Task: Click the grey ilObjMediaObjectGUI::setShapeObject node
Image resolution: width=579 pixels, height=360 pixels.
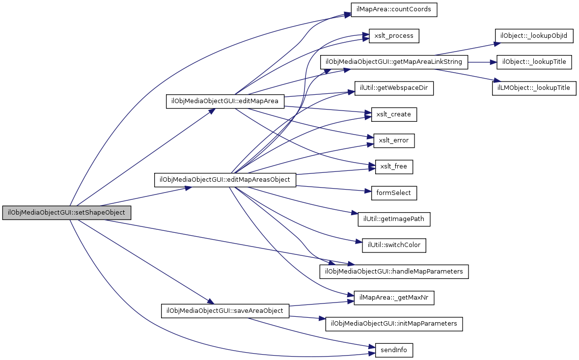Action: tap(67, 213)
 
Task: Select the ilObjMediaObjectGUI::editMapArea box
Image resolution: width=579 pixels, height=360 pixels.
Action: tap(225, 101)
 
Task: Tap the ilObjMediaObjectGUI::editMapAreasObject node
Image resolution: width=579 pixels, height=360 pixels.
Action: tap(225, 180)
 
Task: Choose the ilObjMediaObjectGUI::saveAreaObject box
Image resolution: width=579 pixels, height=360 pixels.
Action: tap(225, 310)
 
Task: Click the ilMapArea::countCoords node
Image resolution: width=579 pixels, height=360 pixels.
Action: tap(394, 10)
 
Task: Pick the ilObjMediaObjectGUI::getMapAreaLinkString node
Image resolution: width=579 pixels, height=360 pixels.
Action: tap(394, 62)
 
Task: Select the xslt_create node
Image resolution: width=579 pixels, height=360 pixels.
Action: tap(394, 114)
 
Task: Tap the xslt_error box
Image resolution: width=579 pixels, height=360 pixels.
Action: tap(394, 140)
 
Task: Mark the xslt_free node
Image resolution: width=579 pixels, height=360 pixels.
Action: tap(394, 166)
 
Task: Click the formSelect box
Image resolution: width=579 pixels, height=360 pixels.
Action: tap(394, 193)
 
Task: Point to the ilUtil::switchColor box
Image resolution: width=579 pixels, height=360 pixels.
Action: tap(394, 245)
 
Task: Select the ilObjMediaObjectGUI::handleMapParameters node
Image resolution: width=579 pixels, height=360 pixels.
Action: tap(394, 271)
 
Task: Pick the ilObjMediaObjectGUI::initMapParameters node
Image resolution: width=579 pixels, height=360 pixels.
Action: tap(394, 324)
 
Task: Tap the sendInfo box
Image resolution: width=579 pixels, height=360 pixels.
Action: tap(394, 350)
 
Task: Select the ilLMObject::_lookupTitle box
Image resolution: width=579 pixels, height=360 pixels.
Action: tap(534, 88)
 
